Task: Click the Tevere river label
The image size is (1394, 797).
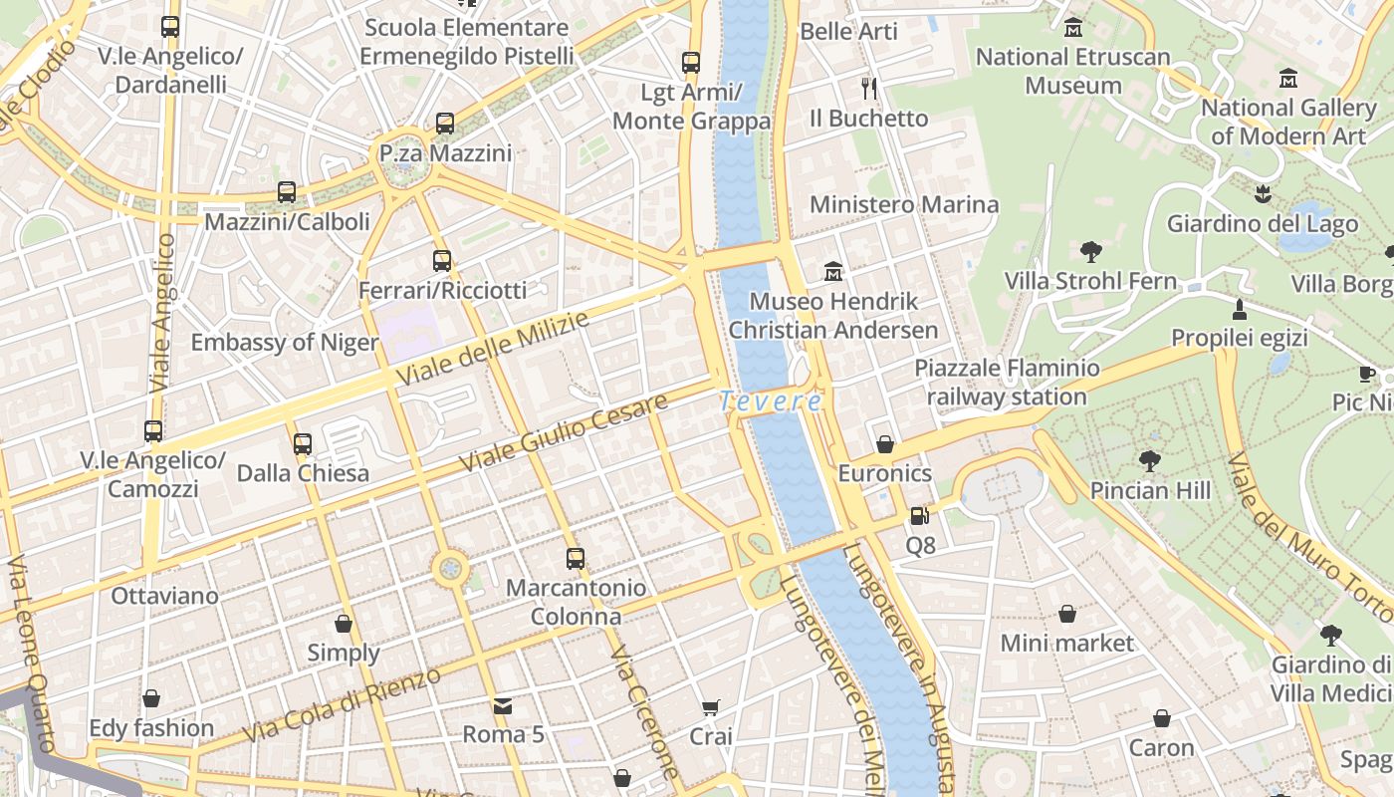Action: pos(771,401)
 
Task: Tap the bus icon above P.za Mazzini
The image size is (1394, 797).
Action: pos(445,124)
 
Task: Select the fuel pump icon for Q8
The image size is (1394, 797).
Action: pos(919,516)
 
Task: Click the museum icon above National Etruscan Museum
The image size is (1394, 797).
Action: pos(1072,27)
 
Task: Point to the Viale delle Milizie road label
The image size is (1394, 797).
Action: pos(493,349)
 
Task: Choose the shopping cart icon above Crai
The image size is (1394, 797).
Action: pos(710,708)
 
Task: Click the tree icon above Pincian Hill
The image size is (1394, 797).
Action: pos(1150,461)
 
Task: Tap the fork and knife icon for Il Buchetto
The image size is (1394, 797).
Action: pos(869,89)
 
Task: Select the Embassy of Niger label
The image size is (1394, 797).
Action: pos(285,343)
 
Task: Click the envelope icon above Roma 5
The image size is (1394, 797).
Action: pos(503,706)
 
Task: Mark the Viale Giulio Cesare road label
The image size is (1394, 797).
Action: pos(564,433)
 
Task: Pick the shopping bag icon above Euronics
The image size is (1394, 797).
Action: pos(884,444)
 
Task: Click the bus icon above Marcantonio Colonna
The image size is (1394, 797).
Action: pos(576,559)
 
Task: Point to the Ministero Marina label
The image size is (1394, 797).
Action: pos(904,205)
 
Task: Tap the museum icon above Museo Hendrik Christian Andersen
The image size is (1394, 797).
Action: pos(833,271)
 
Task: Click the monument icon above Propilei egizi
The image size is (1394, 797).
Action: pos(1240,309)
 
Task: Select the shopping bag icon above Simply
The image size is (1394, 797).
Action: pos(344,624)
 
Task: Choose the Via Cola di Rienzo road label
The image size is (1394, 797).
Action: pos(342,705)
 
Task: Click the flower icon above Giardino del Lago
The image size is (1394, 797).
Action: pos(1263,194)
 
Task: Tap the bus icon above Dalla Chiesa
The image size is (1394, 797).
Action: pos(303,443)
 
